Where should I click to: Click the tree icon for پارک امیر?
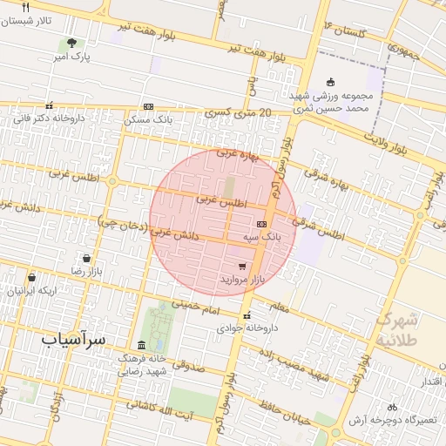point(71,43)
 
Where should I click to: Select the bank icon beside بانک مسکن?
point(148,106)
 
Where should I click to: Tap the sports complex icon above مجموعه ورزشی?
point(329,83)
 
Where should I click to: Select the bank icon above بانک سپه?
point(261,224)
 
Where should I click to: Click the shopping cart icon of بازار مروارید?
point(241,267)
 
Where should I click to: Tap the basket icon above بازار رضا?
point(86,258)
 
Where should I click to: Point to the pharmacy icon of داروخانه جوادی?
point(248,315)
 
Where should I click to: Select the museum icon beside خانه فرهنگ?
point(142,346)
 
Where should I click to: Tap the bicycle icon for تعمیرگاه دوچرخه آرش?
point(392,407)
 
